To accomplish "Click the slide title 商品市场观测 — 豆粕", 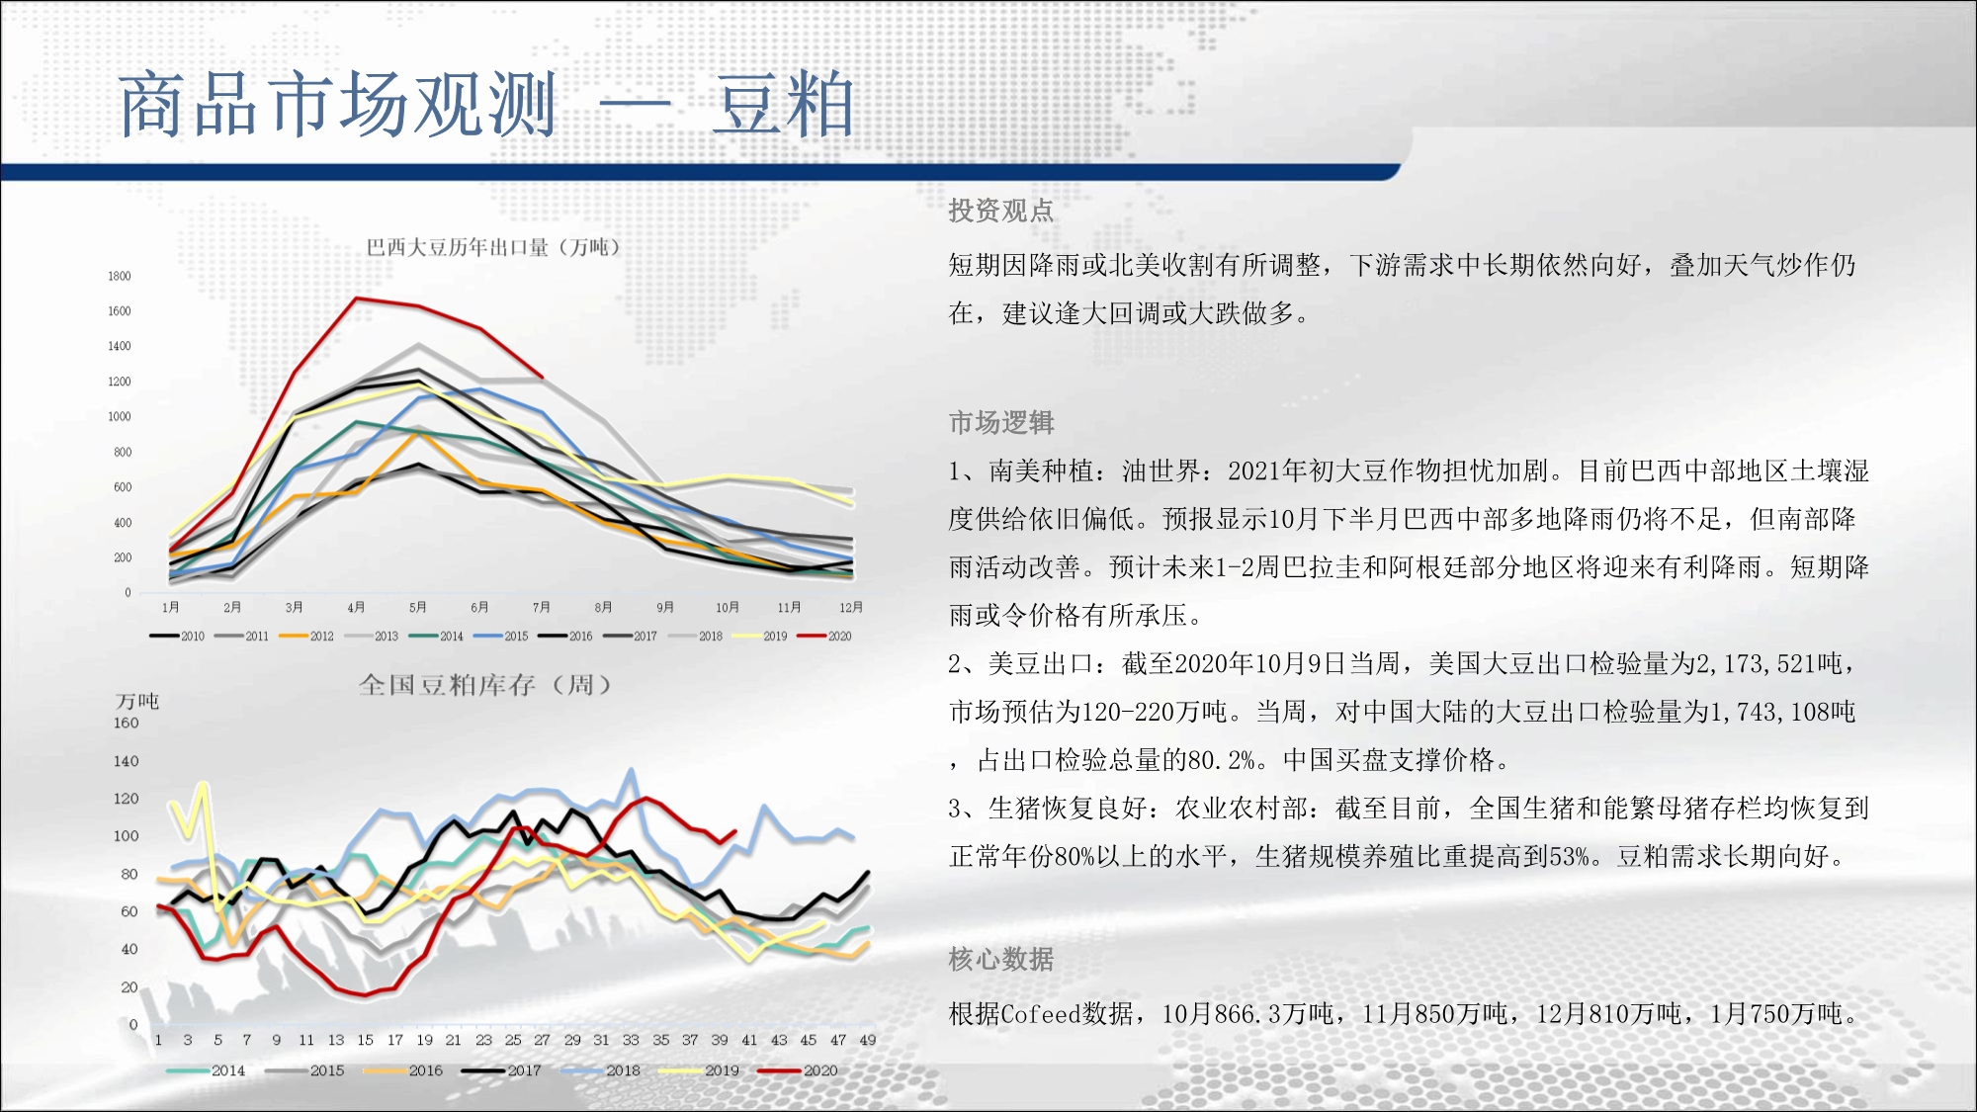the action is tap(486, 104).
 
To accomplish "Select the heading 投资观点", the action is tap(1001, 211).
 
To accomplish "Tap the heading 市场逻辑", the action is tap(1001, 423).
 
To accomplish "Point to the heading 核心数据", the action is tap(1001, 959).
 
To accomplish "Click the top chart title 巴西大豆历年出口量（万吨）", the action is tap(493, 247).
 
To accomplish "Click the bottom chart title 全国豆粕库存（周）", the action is tap(485, 684).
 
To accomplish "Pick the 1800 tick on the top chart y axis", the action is tap(120, 277).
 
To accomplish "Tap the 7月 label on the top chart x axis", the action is tap(542, 607).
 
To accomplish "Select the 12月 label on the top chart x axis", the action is tap(851, 607).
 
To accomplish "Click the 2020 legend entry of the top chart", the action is tap(824, 636).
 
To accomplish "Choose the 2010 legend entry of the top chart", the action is tap(177, 636).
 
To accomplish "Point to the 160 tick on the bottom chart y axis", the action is tap(127, 723).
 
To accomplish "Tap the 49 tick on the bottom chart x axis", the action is tap(867, 1040).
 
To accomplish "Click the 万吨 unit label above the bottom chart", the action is tap(137, 701).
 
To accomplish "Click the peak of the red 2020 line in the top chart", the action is tap(357, 298).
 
